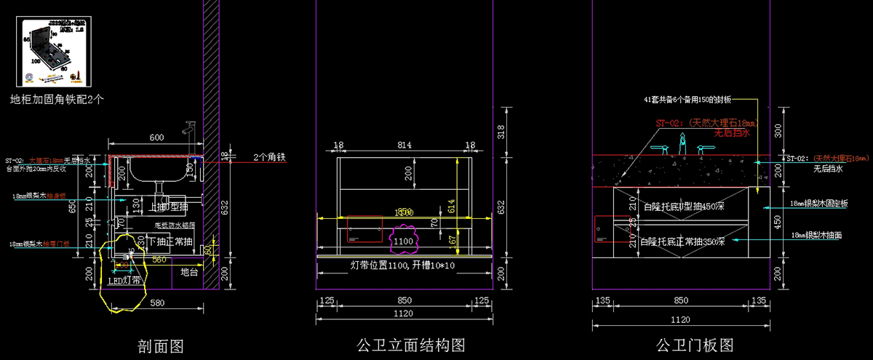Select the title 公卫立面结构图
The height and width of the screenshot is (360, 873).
point(411,345)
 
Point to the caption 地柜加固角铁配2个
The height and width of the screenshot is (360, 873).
point(57,99)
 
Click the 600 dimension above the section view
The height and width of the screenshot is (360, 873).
point(156,137)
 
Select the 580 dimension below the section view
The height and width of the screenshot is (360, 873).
point(157,303)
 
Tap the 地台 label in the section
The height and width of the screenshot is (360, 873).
point(189,272)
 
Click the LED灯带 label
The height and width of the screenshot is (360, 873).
point(125,280)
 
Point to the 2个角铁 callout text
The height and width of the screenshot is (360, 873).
point(271,157)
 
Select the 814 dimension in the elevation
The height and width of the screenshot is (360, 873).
point(404,145)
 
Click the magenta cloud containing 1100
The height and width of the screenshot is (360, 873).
point(402,239)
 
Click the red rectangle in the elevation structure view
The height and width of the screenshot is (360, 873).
point(365,228)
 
